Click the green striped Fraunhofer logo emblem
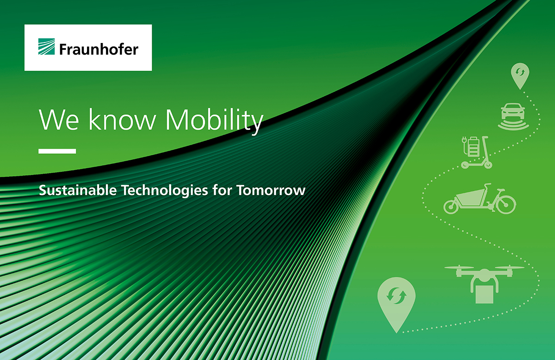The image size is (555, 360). tap(46, 47)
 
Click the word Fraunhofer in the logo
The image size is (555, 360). tap(99, 49)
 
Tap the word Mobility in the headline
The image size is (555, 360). tap(214, 120)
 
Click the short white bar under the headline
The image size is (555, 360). tap(57, 151)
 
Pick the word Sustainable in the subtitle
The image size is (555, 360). tap(78, 190)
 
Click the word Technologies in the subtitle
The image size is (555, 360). tap(165, 191)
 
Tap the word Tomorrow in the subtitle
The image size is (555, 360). tap(271, 190)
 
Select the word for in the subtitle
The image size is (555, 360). tap(222, 190)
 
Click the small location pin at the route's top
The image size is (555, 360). tap(520, 76)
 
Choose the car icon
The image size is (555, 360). tap(513, 116)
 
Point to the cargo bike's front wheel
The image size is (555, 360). tap(451, 207)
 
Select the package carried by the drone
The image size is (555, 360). tap(485, 294)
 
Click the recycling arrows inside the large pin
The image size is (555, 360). tap(396, 295)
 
